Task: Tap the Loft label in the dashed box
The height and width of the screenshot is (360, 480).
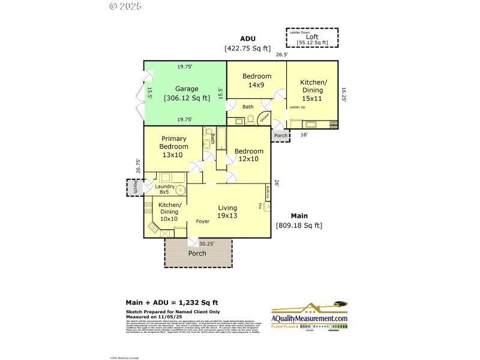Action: tap(312, 39)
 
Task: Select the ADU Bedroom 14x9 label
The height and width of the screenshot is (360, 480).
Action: tap(256, 80)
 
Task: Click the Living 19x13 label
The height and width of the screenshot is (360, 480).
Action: tap(227, 211)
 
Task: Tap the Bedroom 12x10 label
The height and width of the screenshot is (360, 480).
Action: tap(248, 155)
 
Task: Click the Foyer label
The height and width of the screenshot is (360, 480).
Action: tap(203, 221)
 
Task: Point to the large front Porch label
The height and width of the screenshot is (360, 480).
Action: tap(197, 253)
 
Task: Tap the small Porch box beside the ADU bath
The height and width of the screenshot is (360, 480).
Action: tap(281, 136)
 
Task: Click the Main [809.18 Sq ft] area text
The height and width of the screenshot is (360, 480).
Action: tap(299, 220)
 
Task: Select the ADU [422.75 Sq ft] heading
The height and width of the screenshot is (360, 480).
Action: tap(247, 43)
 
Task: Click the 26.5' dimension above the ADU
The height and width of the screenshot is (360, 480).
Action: tap(281, 55)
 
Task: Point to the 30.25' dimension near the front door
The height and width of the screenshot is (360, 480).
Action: tap(207, 244)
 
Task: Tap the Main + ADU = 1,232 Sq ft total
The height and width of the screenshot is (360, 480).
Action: tap(171, 302)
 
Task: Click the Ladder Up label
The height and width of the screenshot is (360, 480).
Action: tap(298, 107)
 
